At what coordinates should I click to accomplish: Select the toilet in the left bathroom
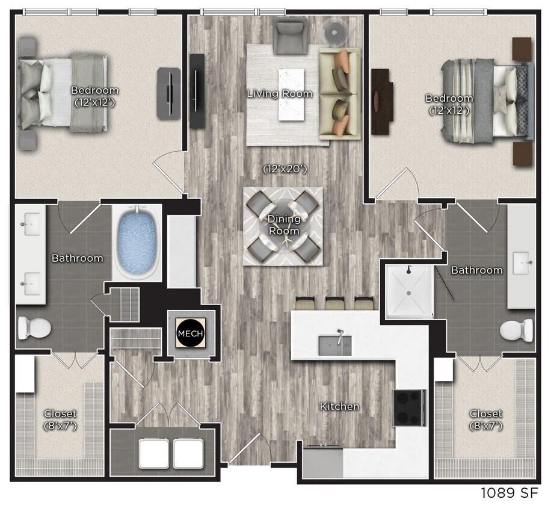click(34, 328)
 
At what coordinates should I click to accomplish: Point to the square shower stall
click(409, 293)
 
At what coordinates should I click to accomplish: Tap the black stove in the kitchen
click(410, 407)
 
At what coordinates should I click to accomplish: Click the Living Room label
click(280, 93)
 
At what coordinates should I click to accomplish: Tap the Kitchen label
click(339, 407)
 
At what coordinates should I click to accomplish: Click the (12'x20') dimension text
click(285, 169)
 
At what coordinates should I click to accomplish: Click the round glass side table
click(334, 30)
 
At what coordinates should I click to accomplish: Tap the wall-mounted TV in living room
click(197, 90)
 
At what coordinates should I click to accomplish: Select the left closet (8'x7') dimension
click(60, 426)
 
